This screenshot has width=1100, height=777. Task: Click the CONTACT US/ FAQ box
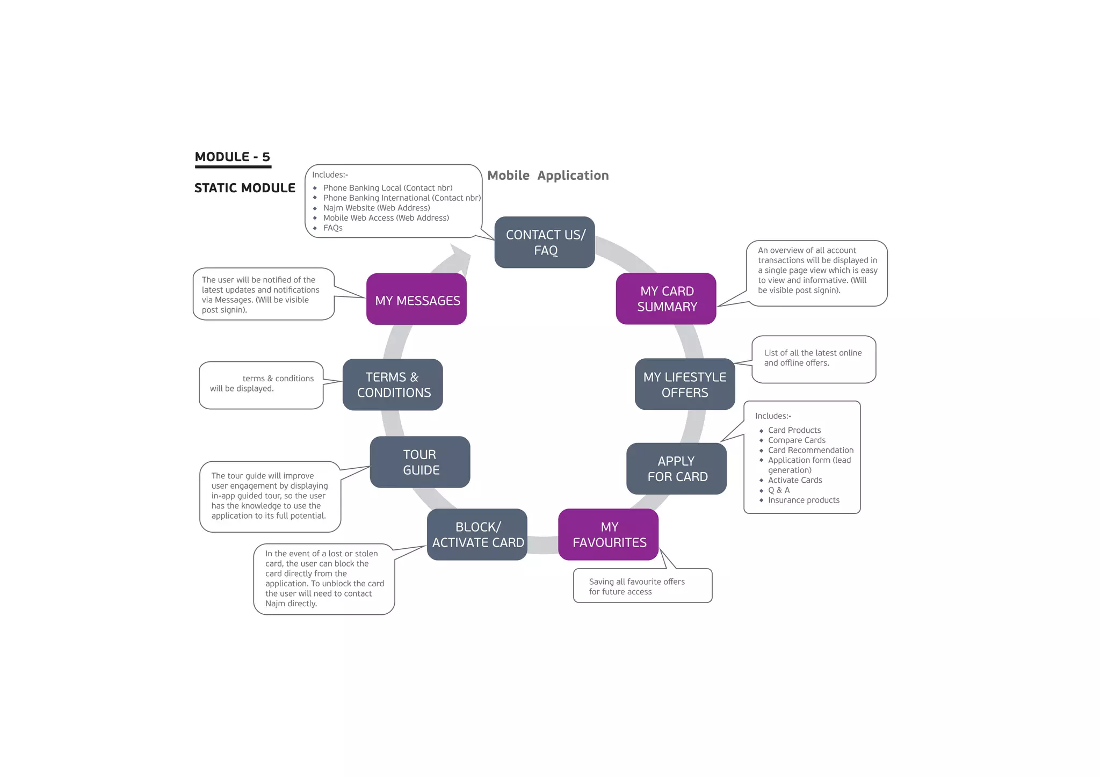click(544, 242)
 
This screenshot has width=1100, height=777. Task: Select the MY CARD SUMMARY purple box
click(665, 299)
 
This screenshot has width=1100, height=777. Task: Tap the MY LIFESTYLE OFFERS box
click(684, 384)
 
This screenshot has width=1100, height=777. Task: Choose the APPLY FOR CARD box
click(676, 468)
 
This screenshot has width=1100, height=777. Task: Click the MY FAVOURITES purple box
click(608, 534)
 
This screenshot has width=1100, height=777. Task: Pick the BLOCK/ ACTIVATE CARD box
click(477, 534)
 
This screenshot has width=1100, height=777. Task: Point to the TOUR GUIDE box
click(420, 462)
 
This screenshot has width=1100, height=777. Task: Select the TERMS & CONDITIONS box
click(393, 384)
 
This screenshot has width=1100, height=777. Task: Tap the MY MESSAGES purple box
click(416, 300)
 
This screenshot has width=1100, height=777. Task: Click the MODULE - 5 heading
click(232, 157)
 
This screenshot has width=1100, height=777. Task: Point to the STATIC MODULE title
click(244, 188)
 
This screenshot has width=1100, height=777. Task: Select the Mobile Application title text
click(547, 176)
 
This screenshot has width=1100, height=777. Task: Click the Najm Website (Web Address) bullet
click(376, 208)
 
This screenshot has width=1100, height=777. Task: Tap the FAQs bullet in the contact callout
click(332, 228)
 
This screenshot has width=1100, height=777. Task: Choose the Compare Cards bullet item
click(796, 440)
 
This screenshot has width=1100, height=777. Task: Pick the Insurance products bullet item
click(803, 500)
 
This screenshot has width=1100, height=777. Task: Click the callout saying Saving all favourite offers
click(642, 586)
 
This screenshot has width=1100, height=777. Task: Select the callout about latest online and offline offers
click(813, 358)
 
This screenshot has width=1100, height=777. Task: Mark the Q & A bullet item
click(778, 490)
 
